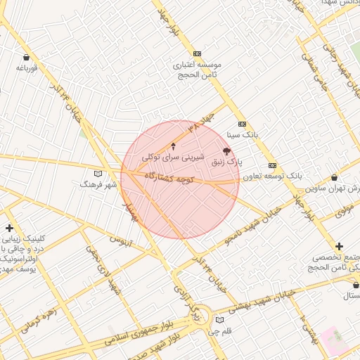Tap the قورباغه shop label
coord(27,68)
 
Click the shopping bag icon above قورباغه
coord(27,57)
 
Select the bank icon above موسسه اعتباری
coord(197,53)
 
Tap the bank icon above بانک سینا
coord(242,123)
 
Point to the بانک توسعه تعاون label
coord(273,176)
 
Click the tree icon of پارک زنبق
coord(226,151)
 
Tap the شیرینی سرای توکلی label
coord(173,157)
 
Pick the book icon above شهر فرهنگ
coord(98,174)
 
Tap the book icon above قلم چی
coord(220,320)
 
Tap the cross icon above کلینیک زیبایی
coord(9,228)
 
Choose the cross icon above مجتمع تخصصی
coord(340,246)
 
